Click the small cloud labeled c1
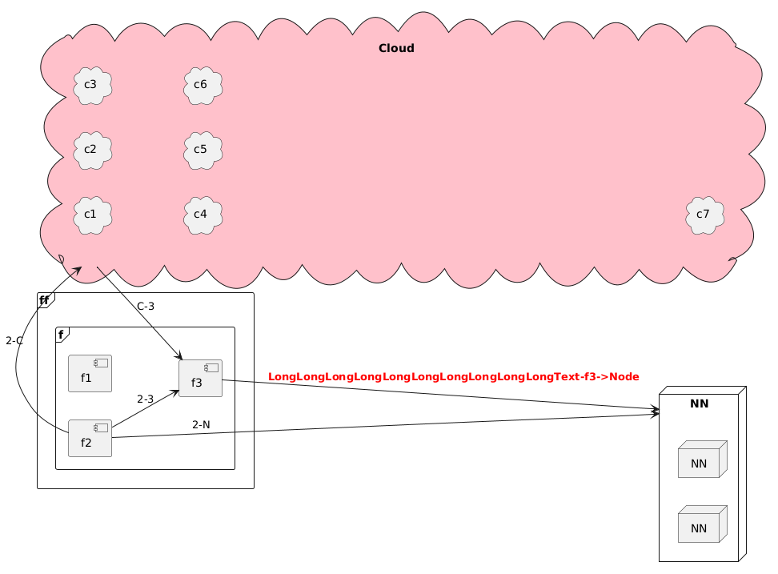(91, 214)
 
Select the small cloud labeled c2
(91, 149)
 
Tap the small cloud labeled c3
(91, 84)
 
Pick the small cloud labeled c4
(202, 214)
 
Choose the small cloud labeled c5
(202, 149)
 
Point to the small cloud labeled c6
(202, 84)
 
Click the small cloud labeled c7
(704, 214)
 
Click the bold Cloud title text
(396, 49)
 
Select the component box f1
(90, 373)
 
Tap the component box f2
(90, 437)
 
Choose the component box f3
(200, 378)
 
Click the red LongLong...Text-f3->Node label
(453, 376)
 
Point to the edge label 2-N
(201, 424)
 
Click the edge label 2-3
(145, 399)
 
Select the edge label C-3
(146, 306)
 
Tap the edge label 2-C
(14, 341)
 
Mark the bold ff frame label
(44, 300)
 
